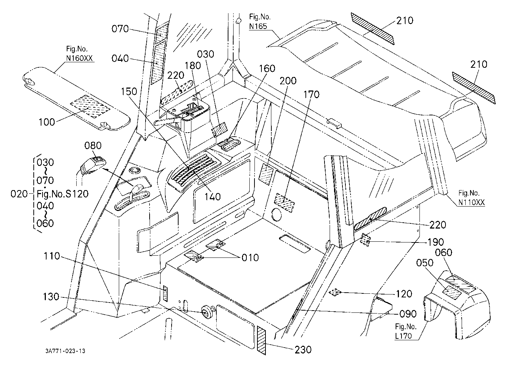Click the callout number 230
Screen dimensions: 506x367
303,350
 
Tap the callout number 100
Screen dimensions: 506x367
47,122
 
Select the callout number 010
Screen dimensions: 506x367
250,257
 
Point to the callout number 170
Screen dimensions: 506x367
311,94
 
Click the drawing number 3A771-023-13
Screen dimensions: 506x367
65,351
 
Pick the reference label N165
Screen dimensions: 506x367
258,26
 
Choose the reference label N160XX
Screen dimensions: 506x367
79,58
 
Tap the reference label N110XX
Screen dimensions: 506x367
472,202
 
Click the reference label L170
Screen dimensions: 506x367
403,336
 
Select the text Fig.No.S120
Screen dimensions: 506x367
62,194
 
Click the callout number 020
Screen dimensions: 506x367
19,194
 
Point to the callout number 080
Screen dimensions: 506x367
93,145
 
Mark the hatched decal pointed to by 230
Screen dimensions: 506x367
261,340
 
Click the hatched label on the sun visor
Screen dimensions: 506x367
90,106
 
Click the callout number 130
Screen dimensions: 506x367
51,297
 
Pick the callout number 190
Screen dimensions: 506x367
436,242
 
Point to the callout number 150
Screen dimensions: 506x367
129,92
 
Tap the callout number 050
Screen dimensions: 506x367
425,263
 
